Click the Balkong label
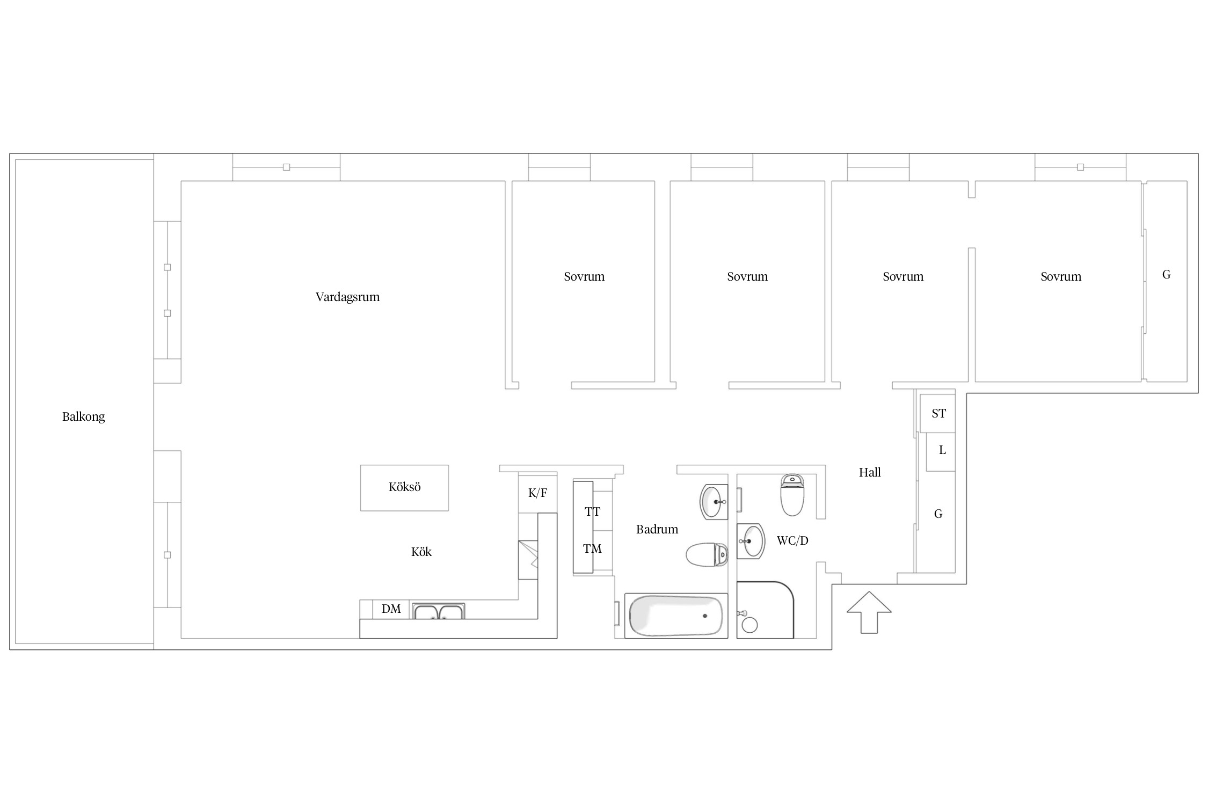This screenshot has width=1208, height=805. (x=83, y=416)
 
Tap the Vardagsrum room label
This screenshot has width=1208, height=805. (x=347, y=297)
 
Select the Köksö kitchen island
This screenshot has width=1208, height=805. (x=404, y=488)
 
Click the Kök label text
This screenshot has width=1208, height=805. (x=421, y=552)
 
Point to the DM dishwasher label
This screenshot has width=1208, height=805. (x=391, y=609)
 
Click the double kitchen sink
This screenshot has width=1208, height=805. (x=439, y=611)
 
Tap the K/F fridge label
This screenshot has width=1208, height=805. (x=537, y=493)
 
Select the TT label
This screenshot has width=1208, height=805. (x=592, y=511)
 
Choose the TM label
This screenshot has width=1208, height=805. (x=592, y=548)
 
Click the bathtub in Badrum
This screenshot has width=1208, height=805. (x=676, y=616)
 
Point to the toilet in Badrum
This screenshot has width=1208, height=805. (x=707, y=555)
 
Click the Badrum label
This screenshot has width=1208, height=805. (x=657, y=530)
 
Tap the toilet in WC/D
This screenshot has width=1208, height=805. (x=792, y=495)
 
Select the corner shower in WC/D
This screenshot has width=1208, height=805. (x=765, y=610)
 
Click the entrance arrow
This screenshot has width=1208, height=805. (x=869, y=612)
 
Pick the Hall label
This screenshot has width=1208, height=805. (x=870, y=472)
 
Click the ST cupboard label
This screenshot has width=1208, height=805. (x=938, y=413)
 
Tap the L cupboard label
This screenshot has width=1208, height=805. (x=942, y=450)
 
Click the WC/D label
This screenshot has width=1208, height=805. (x=792, y=540)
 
